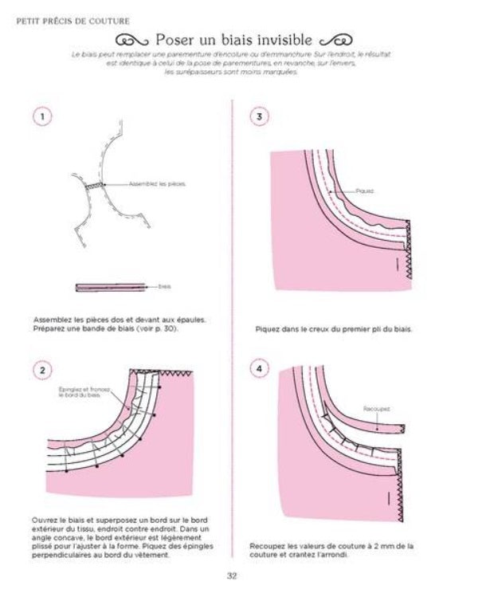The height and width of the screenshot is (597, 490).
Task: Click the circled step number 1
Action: [42, 116]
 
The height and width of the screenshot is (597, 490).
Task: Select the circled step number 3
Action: [260, 116]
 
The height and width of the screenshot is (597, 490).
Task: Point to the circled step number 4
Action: [260, 370]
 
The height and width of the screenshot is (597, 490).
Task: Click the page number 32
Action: [233, 577]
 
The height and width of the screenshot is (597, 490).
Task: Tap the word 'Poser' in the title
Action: [177, 39]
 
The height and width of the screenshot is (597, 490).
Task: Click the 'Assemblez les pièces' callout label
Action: [159, 184]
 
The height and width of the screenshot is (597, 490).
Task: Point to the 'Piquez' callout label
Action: [364, 191]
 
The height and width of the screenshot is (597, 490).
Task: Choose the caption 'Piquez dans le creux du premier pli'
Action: [333, 328]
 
